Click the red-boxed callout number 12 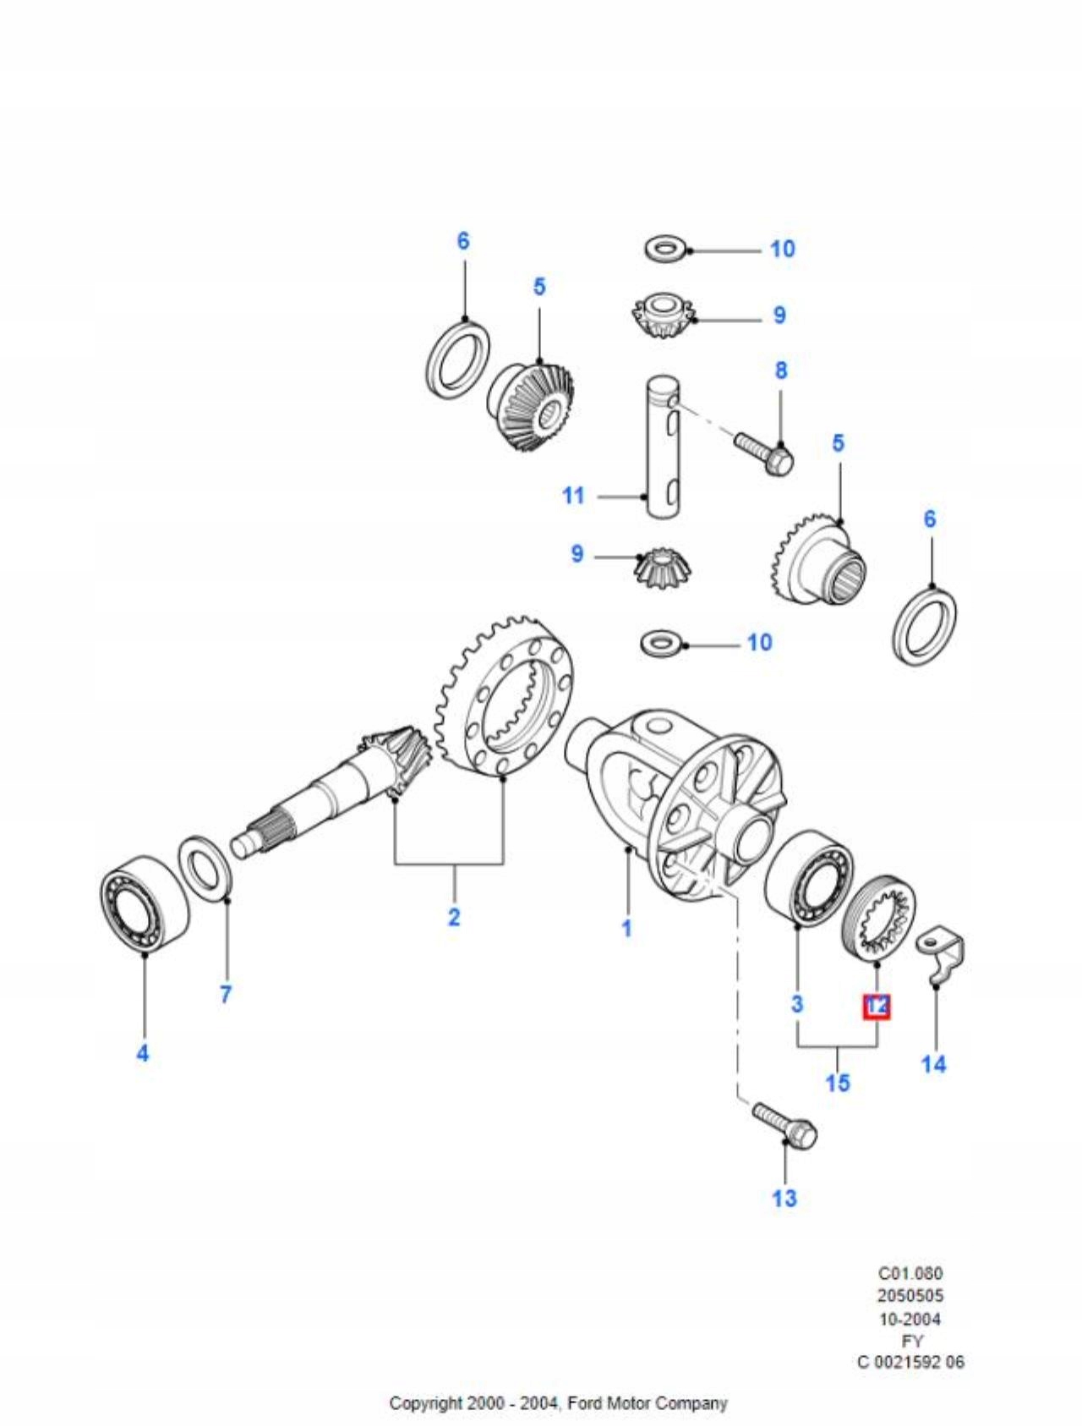(877, 1006)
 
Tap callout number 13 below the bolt (784, 1198)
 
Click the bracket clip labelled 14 (943, 957)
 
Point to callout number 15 (837, 1083)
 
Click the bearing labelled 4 (144, 903)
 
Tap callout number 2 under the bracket (454, 917)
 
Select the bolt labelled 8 (764, 453)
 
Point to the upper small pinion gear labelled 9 (664, 316)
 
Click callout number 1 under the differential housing (626, 928)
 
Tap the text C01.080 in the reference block (910, 1273)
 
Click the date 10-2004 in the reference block (910, 1319)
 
